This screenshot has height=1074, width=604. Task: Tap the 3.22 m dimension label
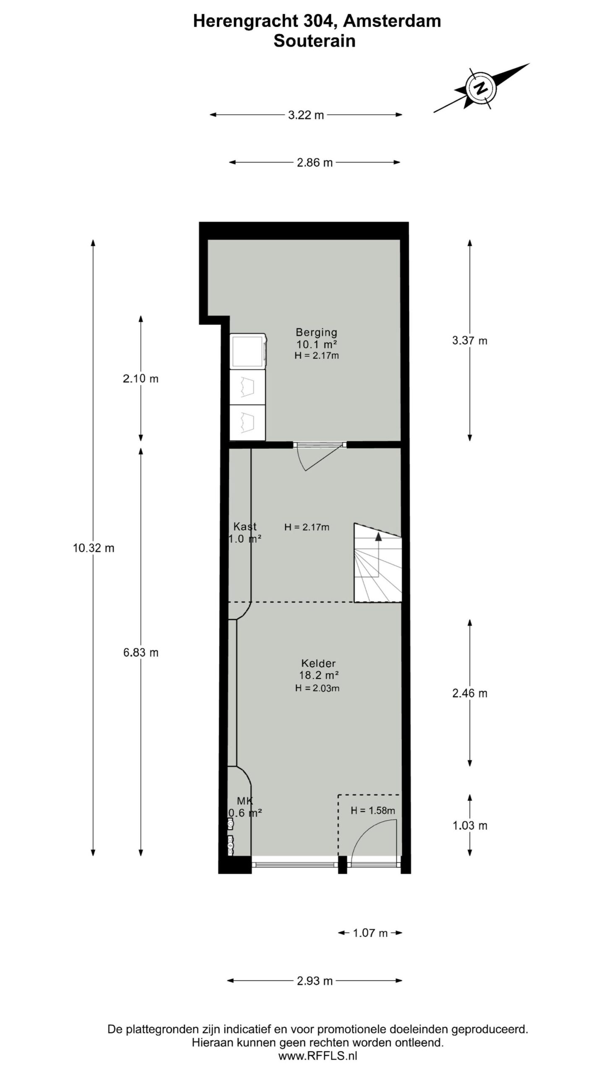click(x=306, y=115)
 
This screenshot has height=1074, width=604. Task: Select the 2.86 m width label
click(x=315, y=163)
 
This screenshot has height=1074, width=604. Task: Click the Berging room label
click(x=316, y=332)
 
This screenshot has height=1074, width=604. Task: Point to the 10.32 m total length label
click(x=93, y=548)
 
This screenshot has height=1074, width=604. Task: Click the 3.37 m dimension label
click(x=469, y=341)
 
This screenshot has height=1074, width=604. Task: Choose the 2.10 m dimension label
click(x=141, y=378)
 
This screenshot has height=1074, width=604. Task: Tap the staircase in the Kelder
click(x=377, y=564)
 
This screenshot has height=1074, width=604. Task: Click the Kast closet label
click(x=245, y=527)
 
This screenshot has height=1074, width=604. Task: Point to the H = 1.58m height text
click(x=372, y=811)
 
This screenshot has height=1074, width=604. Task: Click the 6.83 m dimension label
click(x=141, y=652)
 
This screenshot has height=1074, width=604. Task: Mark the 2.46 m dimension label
click(x=469, y=693)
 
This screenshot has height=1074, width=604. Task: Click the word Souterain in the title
click(x=315, y=41)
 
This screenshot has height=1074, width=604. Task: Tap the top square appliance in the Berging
click(x=247, y=352)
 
